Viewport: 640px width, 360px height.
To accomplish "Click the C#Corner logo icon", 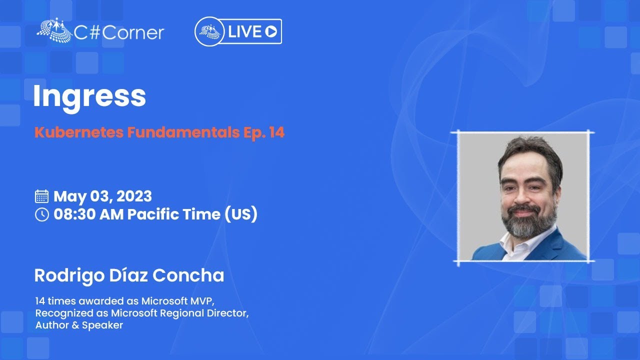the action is coord(54,29).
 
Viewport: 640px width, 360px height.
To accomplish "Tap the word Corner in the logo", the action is coord(133,32).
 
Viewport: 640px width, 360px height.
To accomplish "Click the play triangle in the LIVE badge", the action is coord(271,31).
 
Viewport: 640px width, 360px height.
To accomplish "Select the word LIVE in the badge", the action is coord(245,31).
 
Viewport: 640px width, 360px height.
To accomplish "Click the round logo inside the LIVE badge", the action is coord(209,31).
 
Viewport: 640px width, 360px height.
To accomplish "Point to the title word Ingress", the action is coord(89,96).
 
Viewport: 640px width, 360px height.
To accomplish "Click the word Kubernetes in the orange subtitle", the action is coord(79,132).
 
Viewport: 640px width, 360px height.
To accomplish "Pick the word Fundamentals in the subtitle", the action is coord(183,132).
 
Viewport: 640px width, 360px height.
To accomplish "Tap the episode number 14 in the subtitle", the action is coord(277,132).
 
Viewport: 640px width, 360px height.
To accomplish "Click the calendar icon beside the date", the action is coord(41,196).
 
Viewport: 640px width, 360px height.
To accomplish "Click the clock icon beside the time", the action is coord(41,214).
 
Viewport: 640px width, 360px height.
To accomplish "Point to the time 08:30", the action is coord(74,214).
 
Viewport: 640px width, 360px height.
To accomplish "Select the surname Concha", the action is coord(188,275).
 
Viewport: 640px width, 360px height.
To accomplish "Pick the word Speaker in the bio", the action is coord(102,325).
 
